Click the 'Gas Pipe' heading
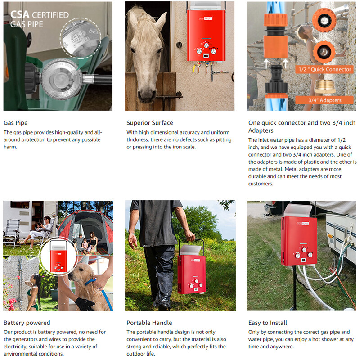[x=16, y=123]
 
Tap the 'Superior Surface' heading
[x=149, y=123]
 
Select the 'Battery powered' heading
[x=27, y=323]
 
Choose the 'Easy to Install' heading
[x=268, y=323]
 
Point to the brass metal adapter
[x=324, y=86]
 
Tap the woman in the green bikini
[x=32, y=292]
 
